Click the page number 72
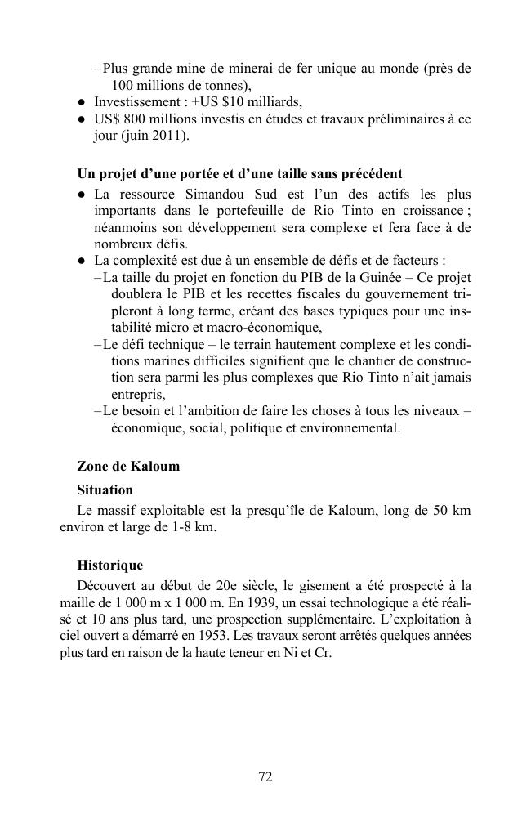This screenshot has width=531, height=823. pyautogui.click(x=265, y=777)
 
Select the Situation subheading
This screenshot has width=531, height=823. pyautogui.click(x=105, y=490)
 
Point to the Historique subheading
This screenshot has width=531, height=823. pyautogui.click(x=109, y=565)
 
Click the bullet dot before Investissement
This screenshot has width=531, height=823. pyautogui.click(x=83, y=103)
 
